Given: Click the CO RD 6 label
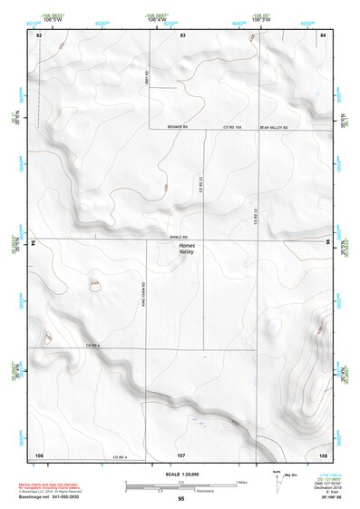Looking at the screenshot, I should coord(92,346).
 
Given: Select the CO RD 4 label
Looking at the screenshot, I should coord(118,455).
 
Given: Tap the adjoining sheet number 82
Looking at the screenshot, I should coord(39,34).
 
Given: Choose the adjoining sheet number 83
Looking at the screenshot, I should coord(182,34).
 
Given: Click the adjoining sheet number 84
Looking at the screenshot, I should coord(323,34).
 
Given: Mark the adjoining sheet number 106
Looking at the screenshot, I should coord(39,453).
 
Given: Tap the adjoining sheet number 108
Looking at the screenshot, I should coord(323,453).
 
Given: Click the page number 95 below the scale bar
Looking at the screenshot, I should coord(181,500).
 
